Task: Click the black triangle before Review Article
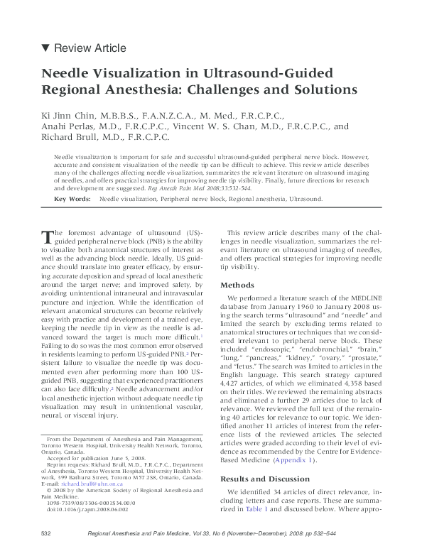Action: pos(46,48)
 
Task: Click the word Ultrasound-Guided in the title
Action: pos(270,74)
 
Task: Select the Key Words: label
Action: pos(73,200)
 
